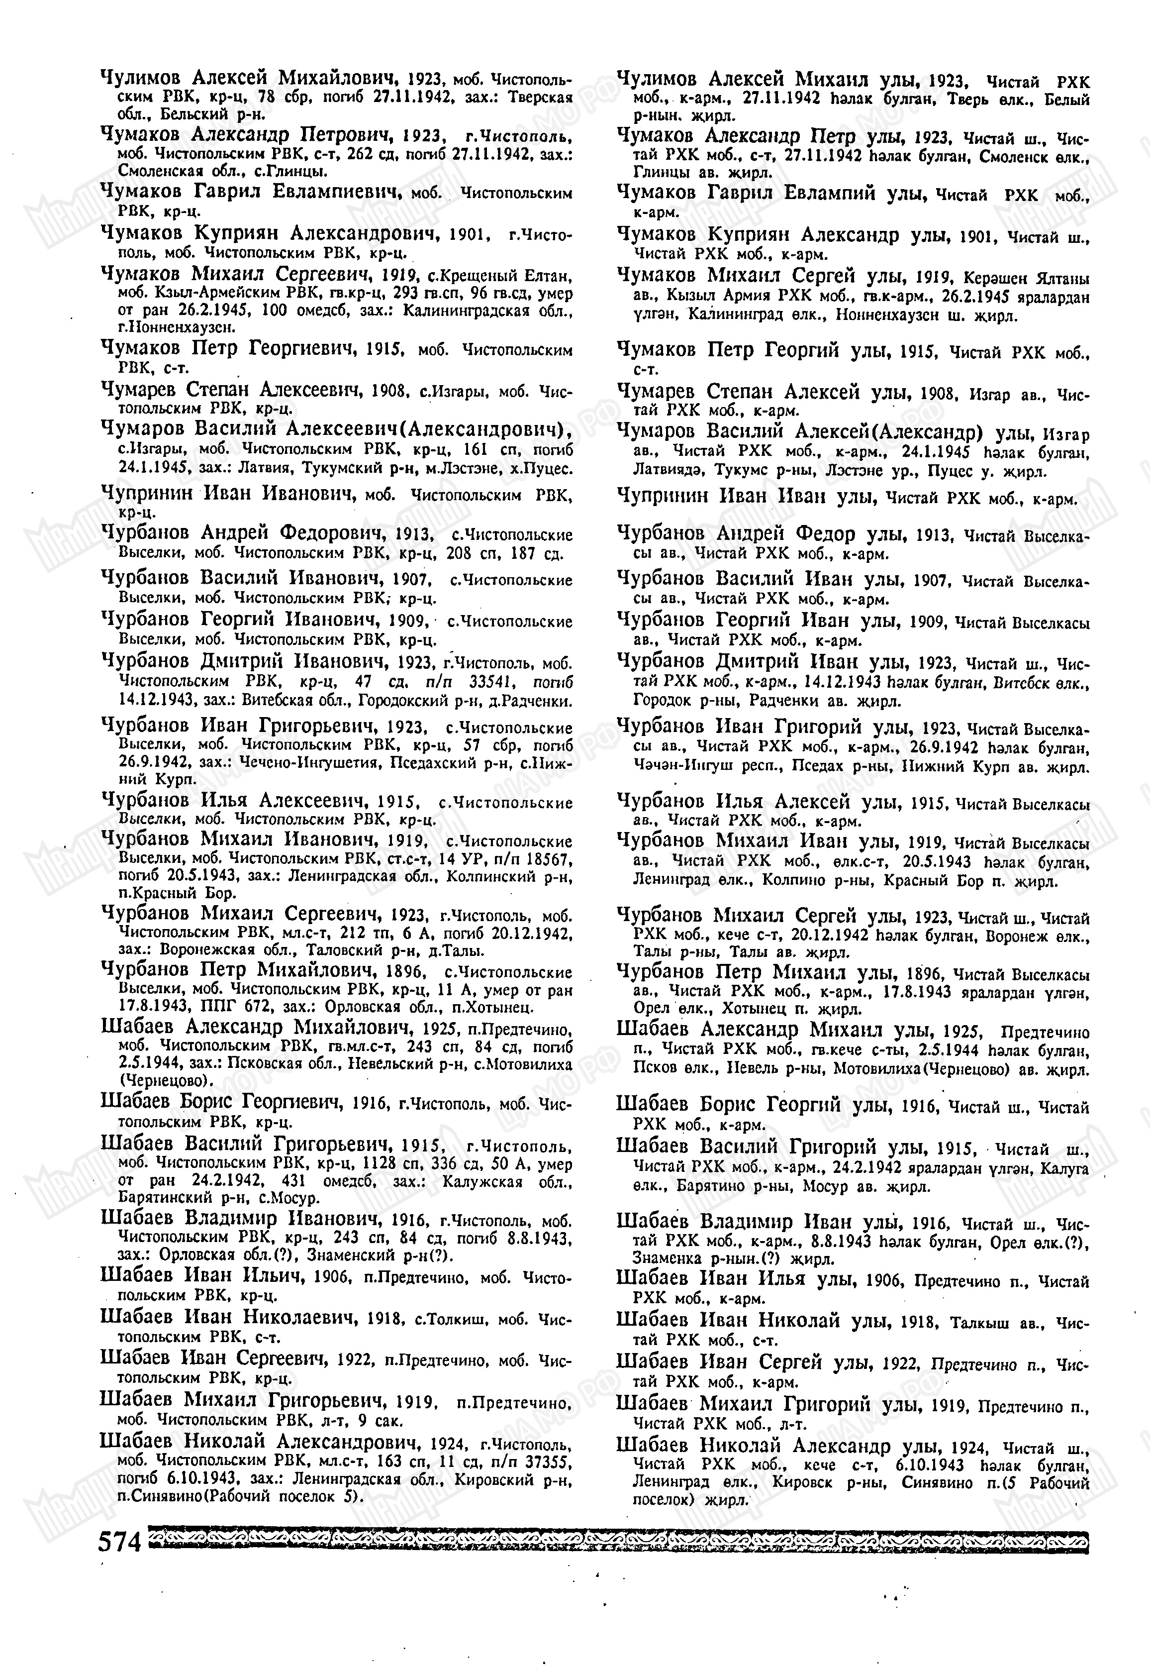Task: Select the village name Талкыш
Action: coord(981,1324)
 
